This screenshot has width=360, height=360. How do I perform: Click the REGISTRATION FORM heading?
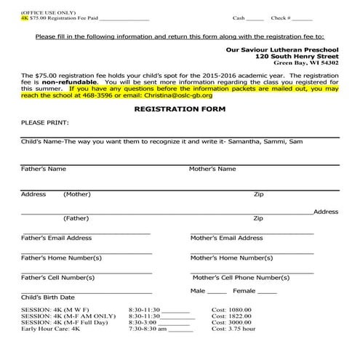click(180, 108)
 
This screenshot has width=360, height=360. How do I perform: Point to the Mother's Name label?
click(212, 169)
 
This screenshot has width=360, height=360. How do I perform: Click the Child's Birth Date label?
click(48, 297)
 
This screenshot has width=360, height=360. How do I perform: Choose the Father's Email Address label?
click(56, 238)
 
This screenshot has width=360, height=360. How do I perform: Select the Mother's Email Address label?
click(226, 238)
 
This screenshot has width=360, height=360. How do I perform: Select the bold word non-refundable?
click(66, 82)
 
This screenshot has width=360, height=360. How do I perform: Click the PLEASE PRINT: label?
click(44, 123)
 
